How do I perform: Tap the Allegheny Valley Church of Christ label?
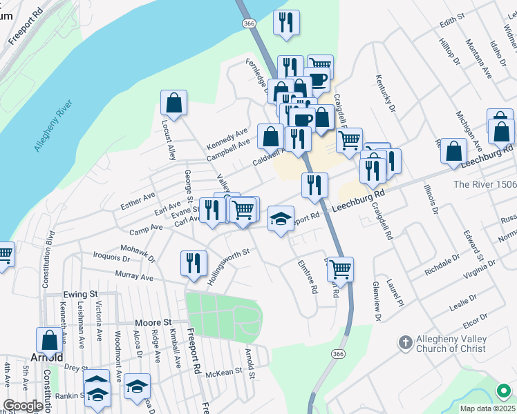[x=451, y=344]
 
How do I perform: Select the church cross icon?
[x=406, y=342]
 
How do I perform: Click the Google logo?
[x=23, y=406]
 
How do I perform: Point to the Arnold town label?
[x=48, y=357]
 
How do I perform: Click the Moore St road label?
[x=153, y=322]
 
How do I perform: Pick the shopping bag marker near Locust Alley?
[x=174, y=103]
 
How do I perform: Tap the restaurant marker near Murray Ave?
[x=194, y=263]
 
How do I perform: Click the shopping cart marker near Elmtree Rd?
[x=340, y=268]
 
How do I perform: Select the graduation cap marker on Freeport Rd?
[x=281, y=219]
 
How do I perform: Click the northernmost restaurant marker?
[x=286, y=23]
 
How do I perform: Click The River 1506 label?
[x=485, y=184]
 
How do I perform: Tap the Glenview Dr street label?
[x=377, y=301]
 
